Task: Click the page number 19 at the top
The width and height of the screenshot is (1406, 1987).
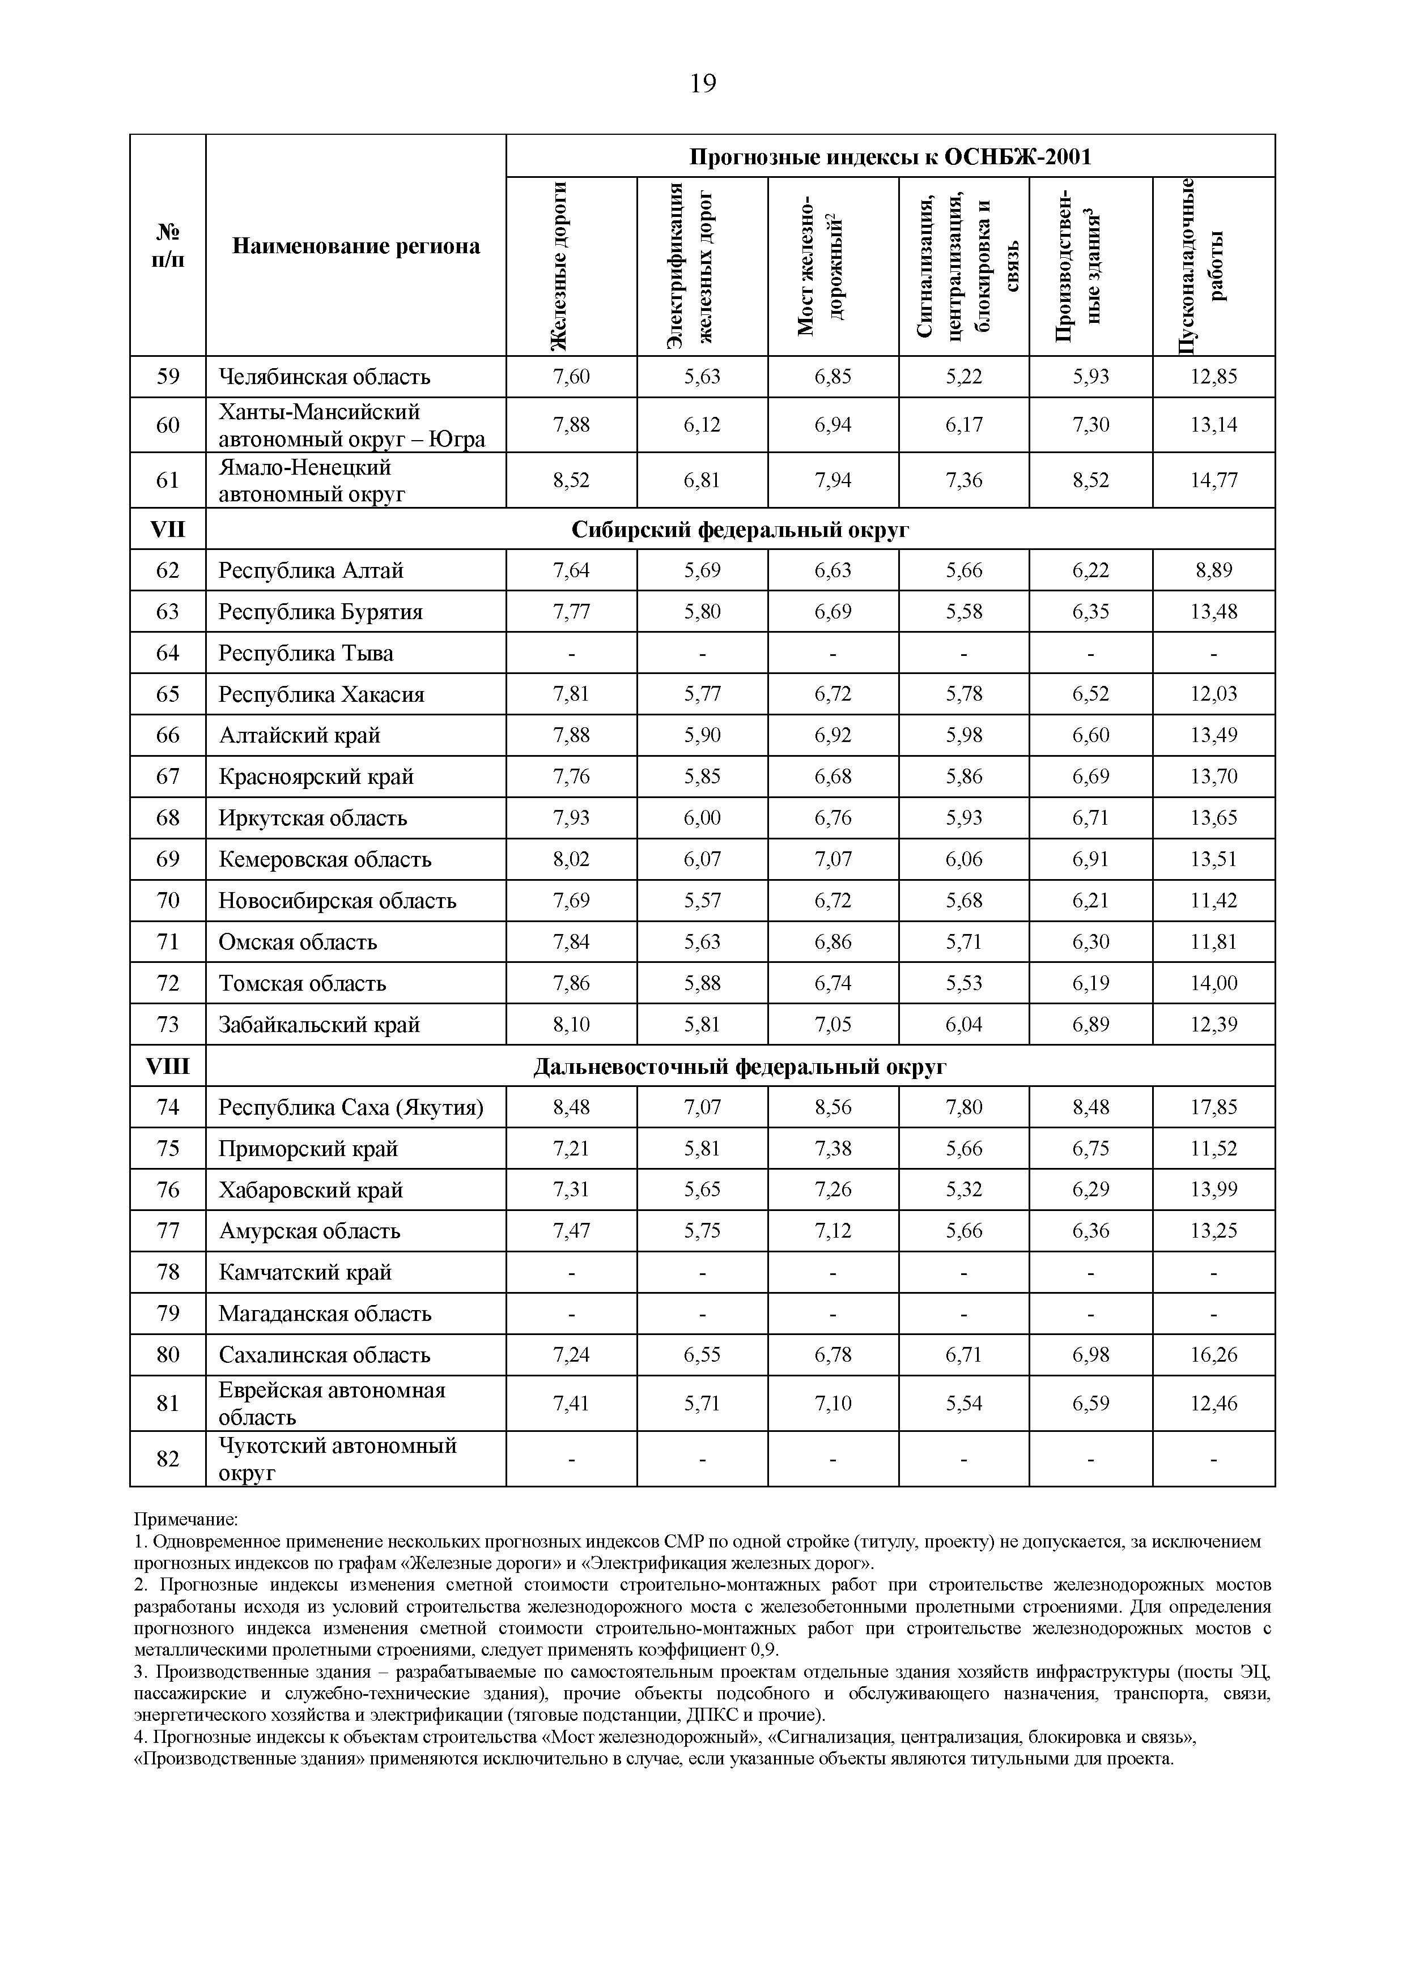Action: tap(703, 83)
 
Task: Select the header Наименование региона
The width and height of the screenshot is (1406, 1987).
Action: tap(356, 246)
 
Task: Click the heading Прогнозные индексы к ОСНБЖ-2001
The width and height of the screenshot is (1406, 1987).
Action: tap(890, 157)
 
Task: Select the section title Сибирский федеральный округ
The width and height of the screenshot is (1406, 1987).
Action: tap(740, 530)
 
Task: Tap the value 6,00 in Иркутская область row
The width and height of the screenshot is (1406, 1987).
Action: tap(702, 818)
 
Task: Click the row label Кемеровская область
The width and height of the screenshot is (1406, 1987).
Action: tap(325, 859)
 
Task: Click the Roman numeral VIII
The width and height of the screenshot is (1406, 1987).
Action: tap(168, 1066)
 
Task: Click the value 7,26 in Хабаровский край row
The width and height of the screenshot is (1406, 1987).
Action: tap(833, 1190)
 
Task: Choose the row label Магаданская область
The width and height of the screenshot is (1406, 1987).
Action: tap(325, 1314)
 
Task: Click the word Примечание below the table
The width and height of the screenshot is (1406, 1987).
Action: tap(186, 1520)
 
